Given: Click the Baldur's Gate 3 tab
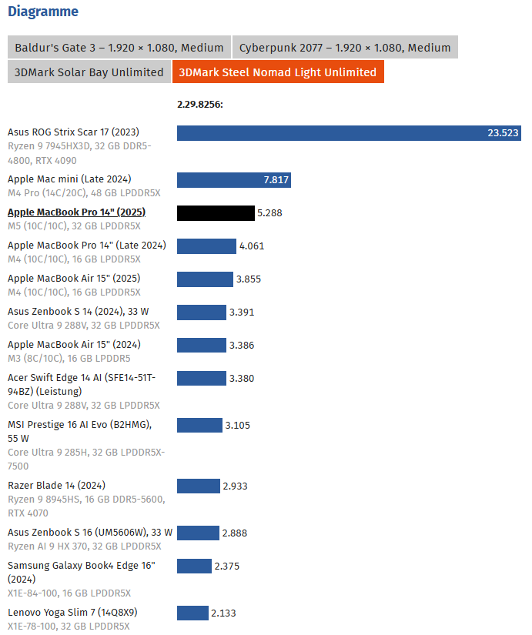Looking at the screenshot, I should coord(119,47).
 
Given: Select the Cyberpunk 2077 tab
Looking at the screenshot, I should coord(345,47).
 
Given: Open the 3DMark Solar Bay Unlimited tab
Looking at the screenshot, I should coord(89,72).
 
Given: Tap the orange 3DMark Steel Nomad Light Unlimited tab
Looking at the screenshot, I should coord(278,72).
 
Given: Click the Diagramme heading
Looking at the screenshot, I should coord(43,12).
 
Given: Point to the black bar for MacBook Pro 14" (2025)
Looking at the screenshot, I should coord(216,213).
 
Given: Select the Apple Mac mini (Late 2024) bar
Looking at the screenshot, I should coord(234,180).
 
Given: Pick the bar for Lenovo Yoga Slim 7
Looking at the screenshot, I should coord(192,613).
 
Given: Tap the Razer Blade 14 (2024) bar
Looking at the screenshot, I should coord(198,486).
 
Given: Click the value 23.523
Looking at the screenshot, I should coord(504,133).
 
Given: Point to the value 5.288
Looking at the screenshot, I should coord(269,213).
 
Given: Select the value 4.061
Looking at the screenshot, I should coord(252,246).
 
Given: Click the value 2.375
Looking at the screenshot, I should coord(227,566).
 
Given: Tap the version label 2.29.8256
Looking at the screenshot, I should coord(199,105).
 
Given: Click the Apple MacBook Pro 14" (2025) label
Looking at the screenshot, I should coord(76,212).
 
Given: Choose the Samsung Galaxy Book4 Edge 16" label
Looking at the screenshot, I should coord(81,566).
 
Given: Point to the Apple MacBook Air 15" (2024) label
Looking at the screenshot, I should coord(74,345).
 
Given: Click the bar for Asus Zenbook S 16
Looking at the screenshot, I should coord(198,533).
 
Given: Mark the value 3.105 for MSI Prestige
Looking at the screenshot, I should coord(237,425).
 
